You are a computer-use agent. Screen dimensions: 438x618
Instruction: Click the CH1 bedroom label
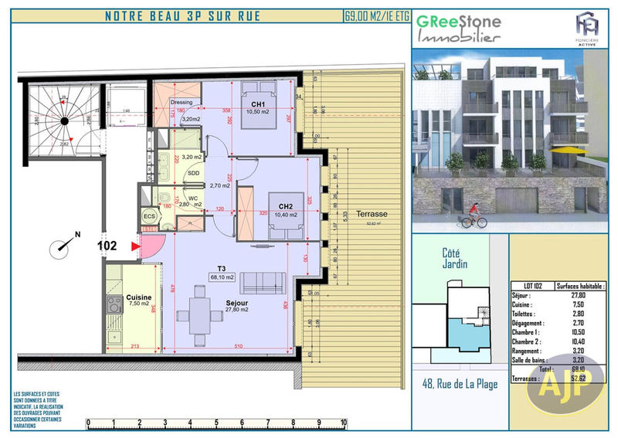257,104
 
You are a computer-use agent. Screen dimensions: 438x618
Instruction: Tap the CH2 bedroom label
285,206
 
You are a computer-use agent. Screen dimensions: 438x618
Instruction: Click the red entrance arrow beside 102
136,246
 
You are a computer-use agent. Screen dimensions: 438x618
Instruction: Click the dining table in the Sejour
199,315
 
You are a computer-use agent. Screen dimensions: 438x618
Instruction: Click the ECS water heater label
149,216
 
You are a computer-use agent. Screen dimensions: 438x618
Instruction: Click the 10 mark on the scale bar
343,423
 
